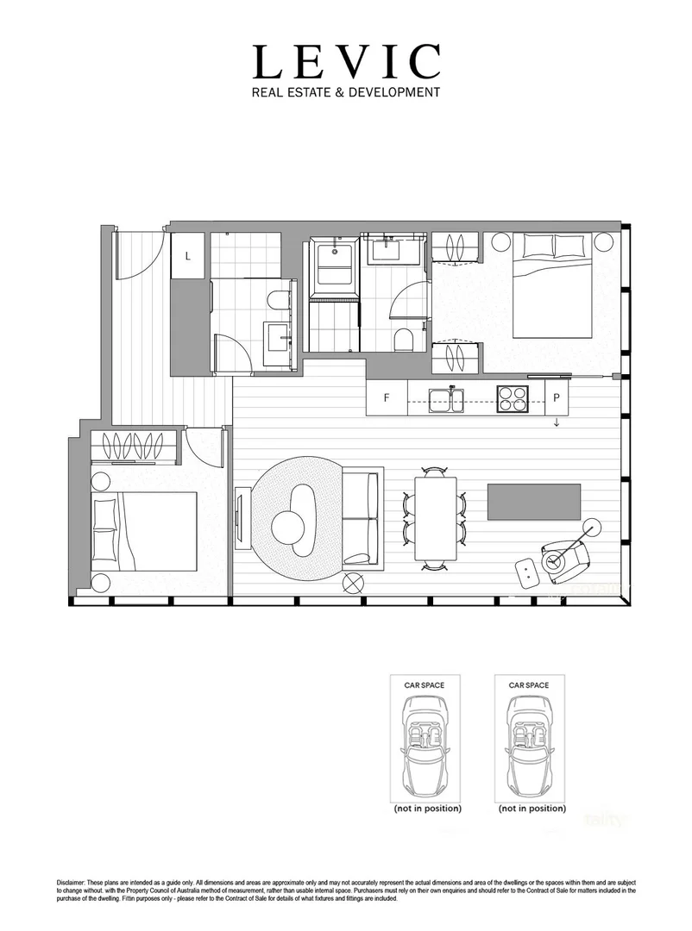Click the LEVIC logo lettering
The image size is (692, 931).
click(x=346, y=62)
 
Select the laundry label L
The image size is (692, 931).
click(x=187, y=255)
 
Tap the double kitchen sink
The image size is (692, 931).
click(x=447, y=399)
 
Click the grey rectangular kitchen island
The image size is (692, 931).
click(x=534, y=502)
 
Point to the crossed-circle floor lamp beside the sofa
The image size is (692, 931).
click(x=353, y=584)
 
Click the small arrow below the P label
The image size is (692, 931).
click(x=557, y=422)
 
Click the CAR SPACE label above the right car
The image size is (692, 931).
click(x=529, y=685)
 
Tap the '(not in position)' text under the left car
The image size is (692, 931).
click(x=427, y=809)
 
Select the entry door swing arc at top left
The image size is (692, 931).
click(x=138, y=259)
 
